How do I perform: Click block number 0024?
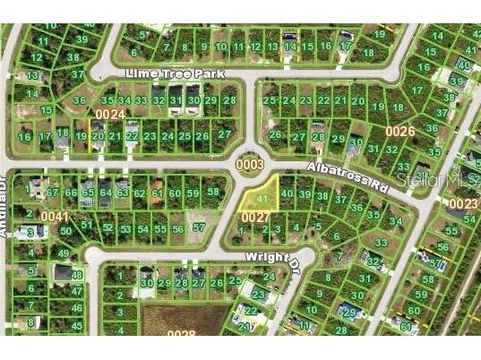click(110, 115)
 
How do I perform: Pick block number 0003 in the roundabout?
click(249, 165)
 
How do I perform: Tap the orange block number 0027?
click(255, 217)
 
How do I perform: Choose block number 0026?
click(400, 132)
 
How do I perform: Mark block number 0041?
click(53, 217)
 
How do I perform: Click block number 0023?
click(463, 203)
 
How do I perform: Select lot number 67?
click(53, 193)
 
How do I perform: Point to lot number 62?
click(139, 193)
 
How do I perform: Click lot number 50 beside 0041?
click(65, 231)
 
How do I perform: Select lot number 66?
click(70, 193)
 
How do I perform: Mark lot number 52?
click(107, 227)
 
